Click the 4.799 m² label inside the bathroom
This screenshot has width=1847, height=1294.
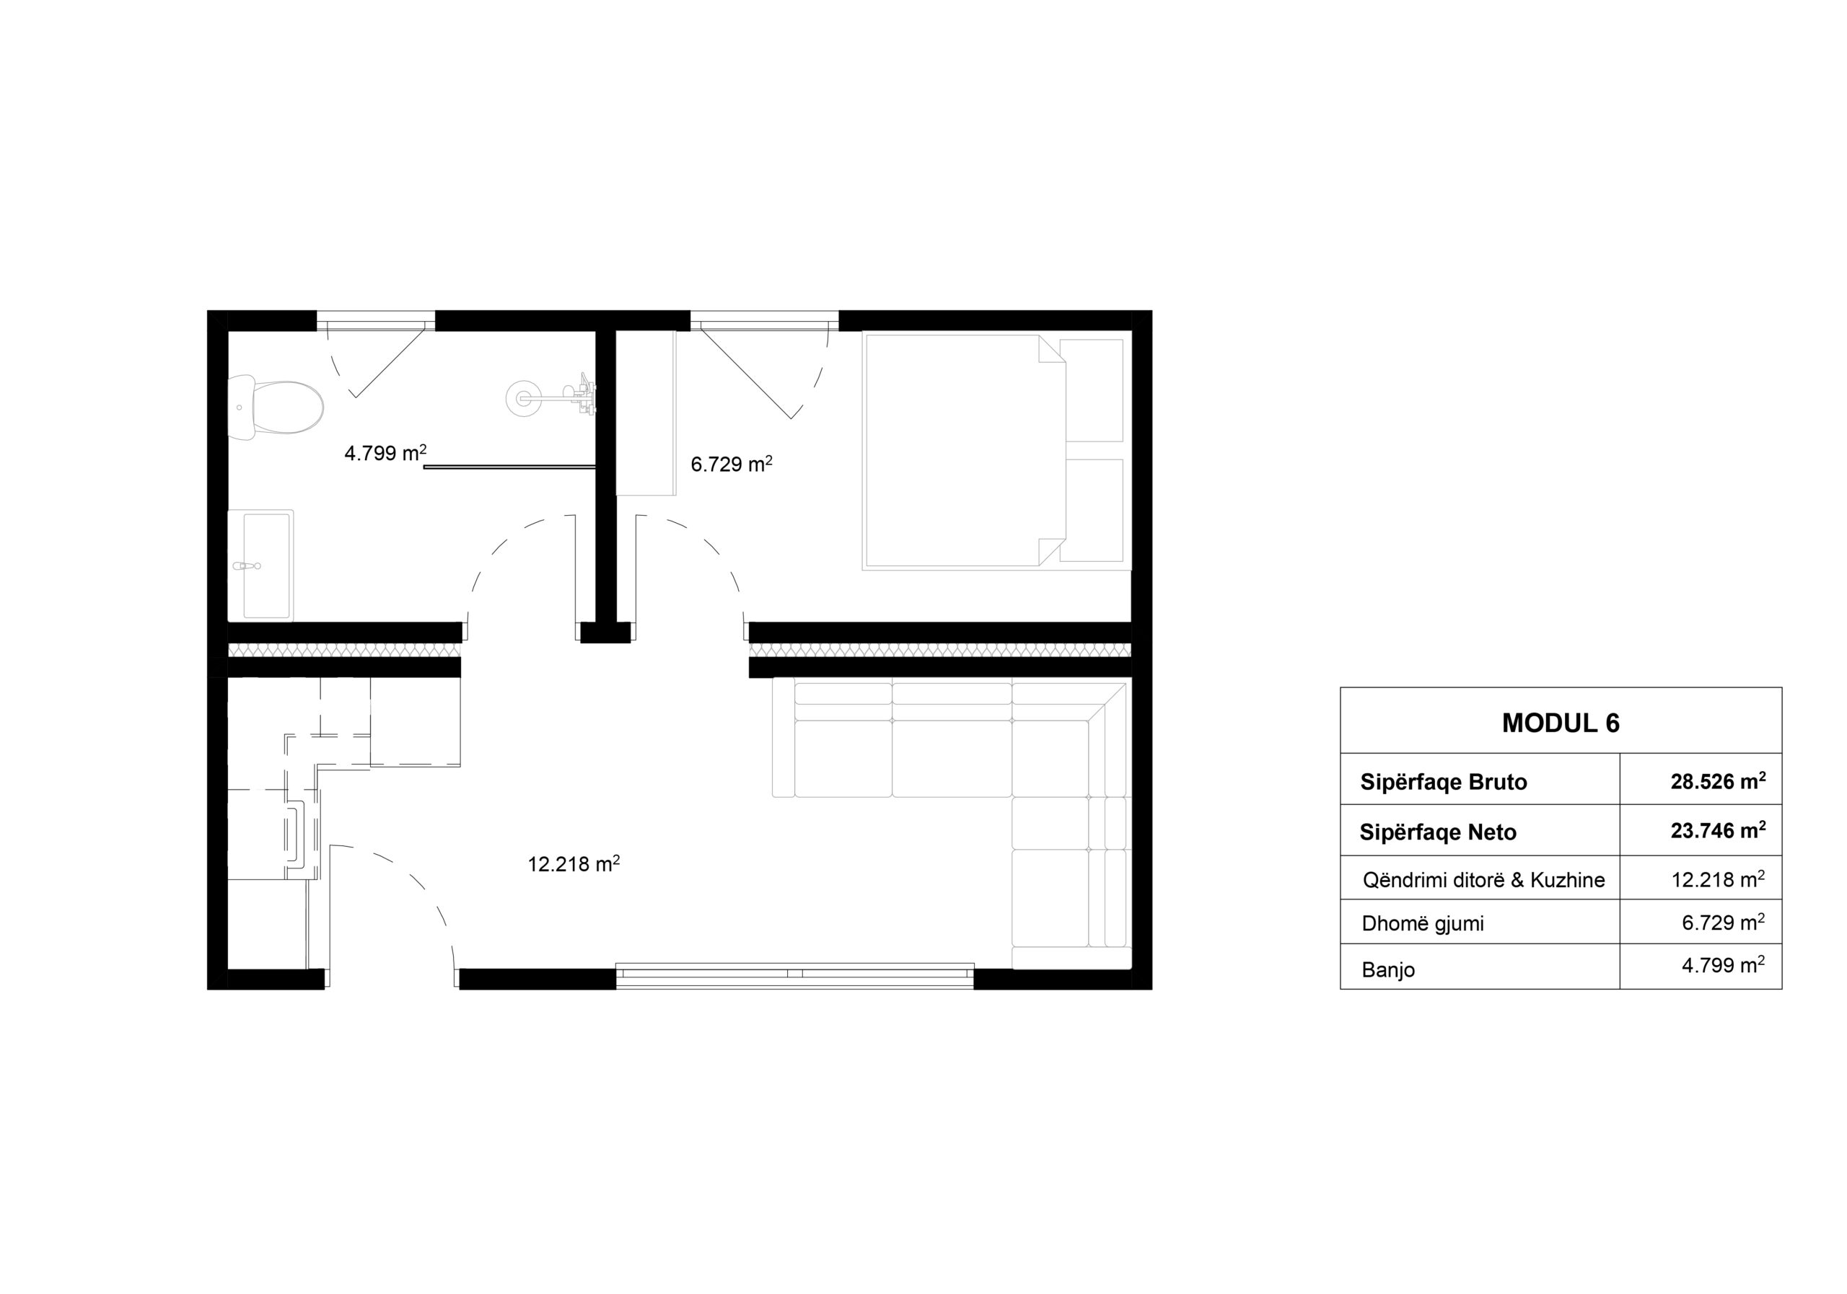385,453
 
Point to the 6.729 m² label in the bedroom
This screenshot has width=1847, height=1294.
732,463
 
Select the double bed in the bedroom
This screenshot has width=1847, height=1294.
965,452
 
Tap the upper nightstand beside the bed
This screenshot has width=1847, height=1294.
1092,390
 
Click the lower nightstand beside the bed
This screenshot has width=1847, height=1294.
1092,510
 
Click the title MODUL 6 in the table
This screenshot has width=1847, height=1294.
1561,723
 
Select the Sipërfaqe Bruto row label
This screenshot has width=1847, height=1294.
1443,782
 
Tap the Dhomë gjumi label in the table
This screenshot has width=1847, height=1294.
1422,923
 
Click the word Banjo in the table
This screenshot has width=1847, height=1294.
1387,970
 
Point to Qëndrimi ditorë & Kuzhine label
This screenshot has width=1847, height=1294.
1483,880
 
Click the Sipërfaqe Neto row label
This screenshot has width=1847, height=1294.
1437,832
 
